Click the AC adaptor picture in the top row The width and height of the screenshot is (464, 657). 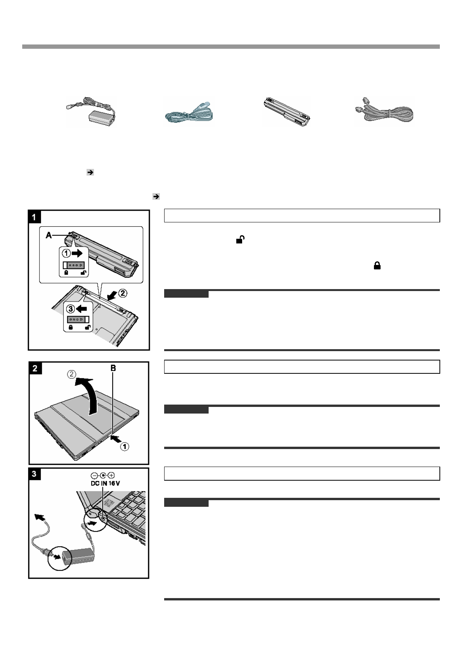pos(90,112)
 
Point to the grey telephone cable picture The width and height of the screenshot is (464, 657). pos(385,112)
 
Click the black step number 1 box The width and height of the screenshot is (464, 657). pos(34,217)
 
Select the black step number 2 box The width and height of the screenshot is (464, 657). pos(35,368)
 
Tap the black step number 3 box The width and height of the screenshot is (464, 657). pos(35,474)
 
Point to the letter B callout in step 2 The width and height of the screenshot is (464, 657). pos(113,368)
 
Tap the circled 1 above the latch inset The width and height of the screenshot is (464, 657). pos(67,254)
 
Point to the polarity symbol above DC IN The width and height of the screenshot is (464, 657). pos(103,476)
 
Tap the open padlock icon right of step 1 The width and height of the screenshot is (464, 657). pos(240,240)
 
